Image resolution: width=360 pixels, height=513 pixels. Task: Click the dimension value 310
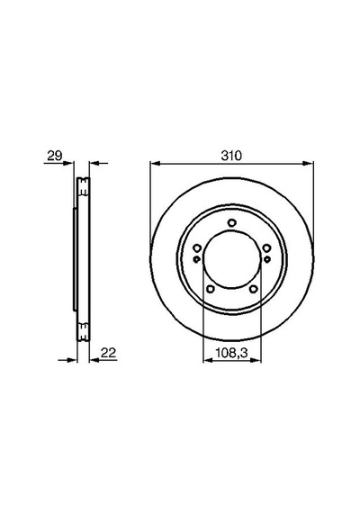pos(231,156)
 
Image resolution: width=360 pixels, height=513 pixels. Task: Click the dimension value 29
pos(54,156)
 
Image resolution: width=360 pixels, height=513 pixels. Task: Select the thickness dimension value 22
pos(108,353)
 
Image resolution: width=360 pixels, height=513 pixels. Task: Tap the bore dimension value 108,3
pos(231,353)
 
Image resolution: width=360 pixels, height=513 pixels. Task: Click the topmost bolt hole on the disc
pos(231,222)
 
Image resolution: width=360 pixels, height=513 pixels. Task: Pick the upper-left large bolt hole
pos(197,247)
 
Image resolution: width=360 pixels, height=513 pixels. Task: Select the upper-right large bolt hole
pos(266,247)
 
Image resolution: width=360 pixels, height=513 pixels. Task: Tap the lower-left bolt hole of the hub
pos(211,289)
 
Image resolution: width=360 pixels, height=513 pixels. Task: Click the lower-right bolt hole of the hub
pos(253,289)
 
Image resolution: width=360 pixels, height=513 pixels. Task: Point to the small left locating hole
pos(197,259)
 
